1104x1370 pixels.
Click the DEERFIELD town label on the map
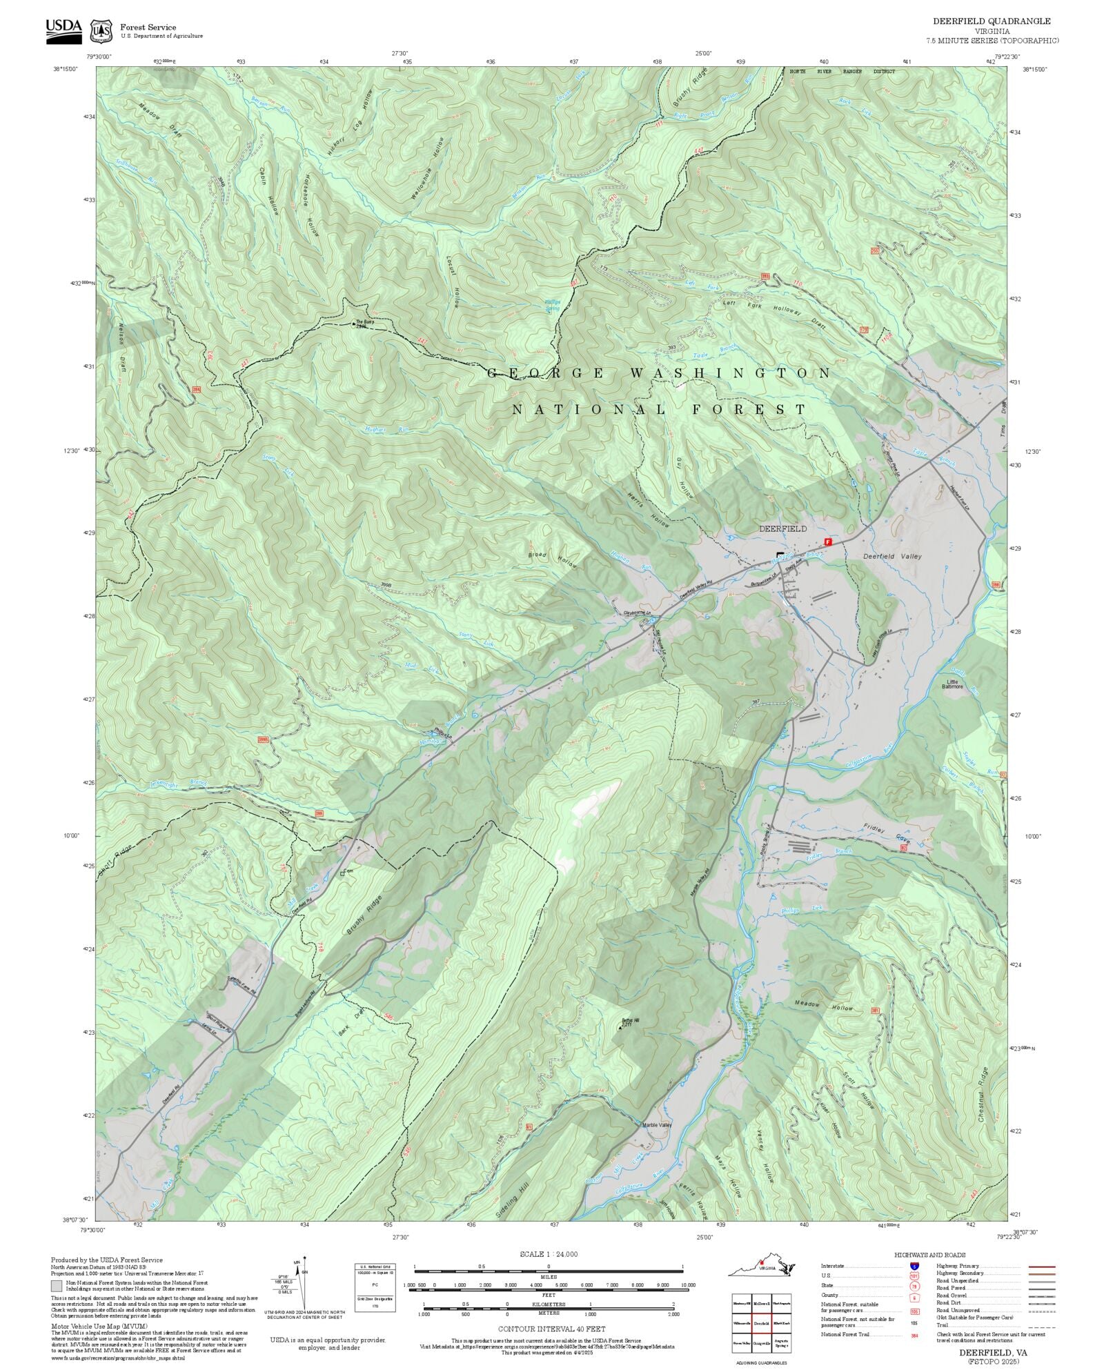tap(782, 528)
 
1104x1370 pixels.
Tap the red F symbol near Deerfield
tap(829, 542)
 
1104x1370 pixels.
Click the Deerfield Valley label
tap(892, 556)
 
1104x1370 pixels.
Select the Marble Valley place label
tap(657, 1125)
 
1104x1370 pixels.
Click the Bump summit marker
tap(355, 323)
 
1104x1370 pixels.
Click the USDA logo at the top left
tap(63, 30)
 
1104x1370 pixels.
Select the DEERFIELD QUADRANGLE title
tap(992, 21)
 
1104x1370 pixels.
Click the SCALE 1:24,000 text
tap(549, 1254)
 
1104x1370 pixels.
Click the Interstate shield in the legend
tap(914, 1266)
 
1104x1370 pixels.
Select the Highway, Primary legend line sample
tap(1041, 1267)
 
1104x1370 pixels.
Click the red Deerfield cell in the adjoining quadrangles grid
tap(761, 1323)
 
